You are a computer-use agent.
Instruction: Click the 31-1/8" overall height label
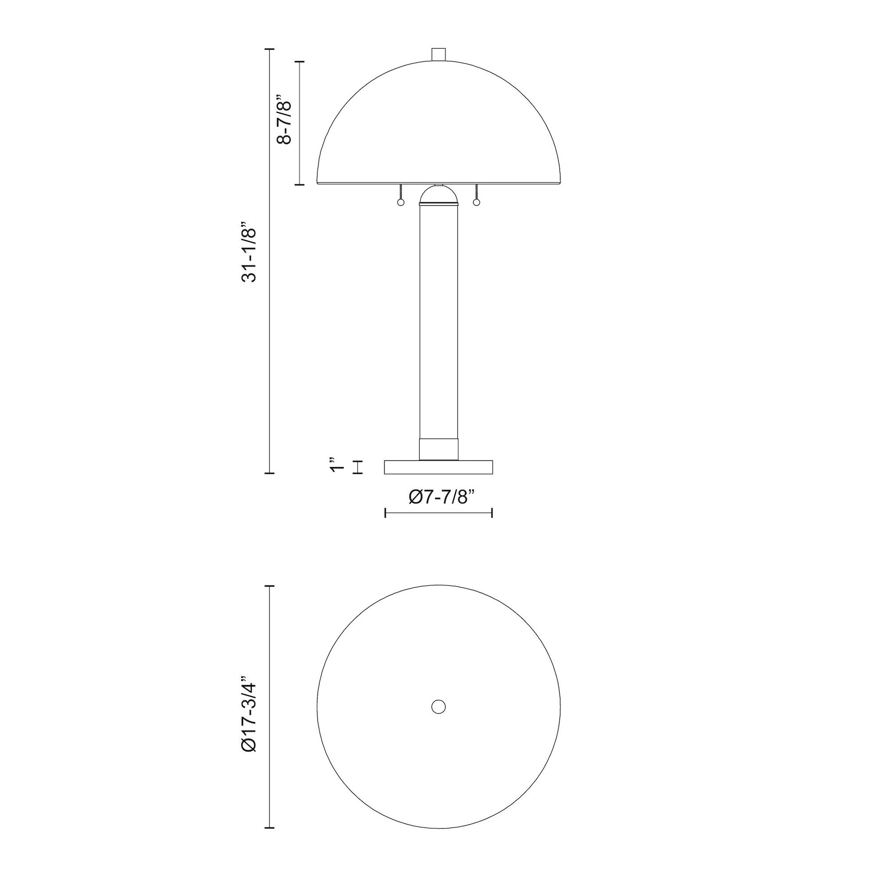(249, 252)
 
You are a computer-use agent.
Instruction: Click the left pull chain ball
(400, 203)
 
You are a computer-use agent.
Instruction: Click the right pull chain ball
(476, 203)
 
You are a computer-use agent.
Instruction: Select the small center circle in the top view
(438, 707)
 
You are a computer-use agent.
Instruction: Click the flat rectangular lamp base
(438, 467)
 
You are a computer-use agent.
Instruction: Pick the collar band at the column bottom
(438, 449)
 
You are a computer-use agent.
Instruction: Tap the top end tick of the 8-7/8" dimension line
(300, 61)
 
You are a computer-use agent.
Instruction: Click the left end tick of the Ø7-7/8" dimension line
(385, 513)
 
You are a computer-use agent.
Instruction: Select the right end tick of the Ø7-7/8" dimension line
(492, 513)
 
